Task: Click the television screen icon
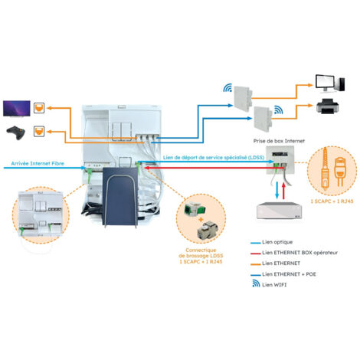coord(18,105)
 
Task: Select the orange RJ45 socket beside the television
coord(42,106)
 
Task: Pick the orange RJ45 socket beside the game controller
coord(42,132)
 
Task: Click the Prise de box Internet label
coord(277,142)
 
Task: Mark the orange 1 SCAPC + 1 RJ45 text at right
coord(332,201)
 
